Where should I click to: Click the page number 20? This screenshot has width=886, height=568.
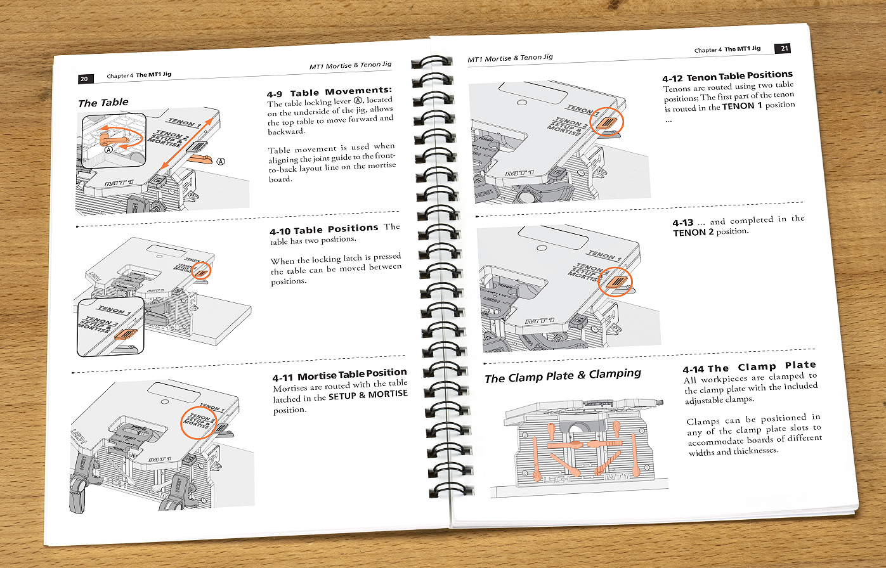(x=85, y=79)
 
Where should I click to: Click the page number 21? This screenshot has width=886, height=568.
(x=783, y=48)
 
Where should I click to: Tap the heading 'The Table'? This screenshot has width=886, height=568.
(x=103, y=103)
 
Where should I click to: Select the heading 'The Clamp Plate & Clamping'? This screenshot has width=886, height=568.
(x=563, y=375)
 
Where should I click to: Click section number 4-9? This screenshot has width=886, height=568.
(x=275, y=94)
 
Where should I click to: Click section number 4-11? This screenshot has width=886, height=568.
(x=282, y=377)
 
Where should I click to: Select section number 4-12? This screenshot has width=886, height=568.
(x=672, y=79)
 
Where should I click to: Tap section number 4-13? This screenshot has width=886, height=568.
(x=683, y=223)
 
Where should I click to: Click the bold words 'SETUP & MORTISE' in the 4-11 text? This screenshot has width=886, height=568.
(x=368, y=395)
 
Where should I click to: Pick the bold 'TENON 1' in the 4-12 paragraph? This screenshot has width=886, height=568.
(x=741, y=106)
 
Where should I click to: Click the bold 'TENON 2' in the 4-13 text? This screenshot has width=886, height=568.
(x=693, y=233)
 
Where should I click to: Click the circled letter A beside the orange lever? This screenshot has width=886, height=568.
(x=221, y=161)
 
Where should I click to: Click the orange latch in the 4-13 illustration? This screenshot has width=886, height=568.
(x=616, y=282)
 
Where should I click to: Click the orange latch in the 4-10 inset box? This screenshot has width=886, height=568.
(x=126, y=334)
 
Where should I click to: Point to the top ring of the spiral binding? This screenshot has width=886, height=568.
(x=431, y=61)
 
